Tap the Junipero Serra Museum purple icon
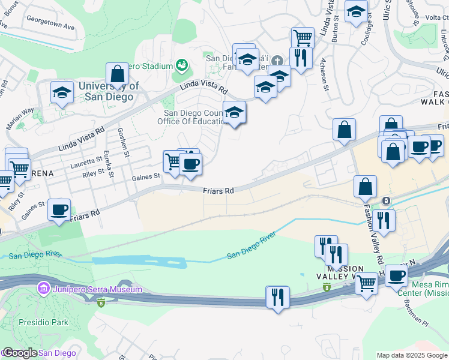(x=43, y=289)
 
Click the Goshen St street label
(x=127, y=144)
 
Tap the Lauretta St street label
(x=86, y=160)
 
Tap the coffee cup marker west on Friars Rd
(x=59, y=210)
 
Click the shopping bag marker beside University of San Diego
(x=118, y=74)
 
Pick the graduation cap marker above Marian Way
(x=61, y=93)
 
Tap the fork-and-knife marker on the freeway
(x=277, y=297)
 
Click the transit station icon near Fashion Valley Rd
(x=387, y=200)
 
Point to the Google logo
(x=20, y=353)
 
